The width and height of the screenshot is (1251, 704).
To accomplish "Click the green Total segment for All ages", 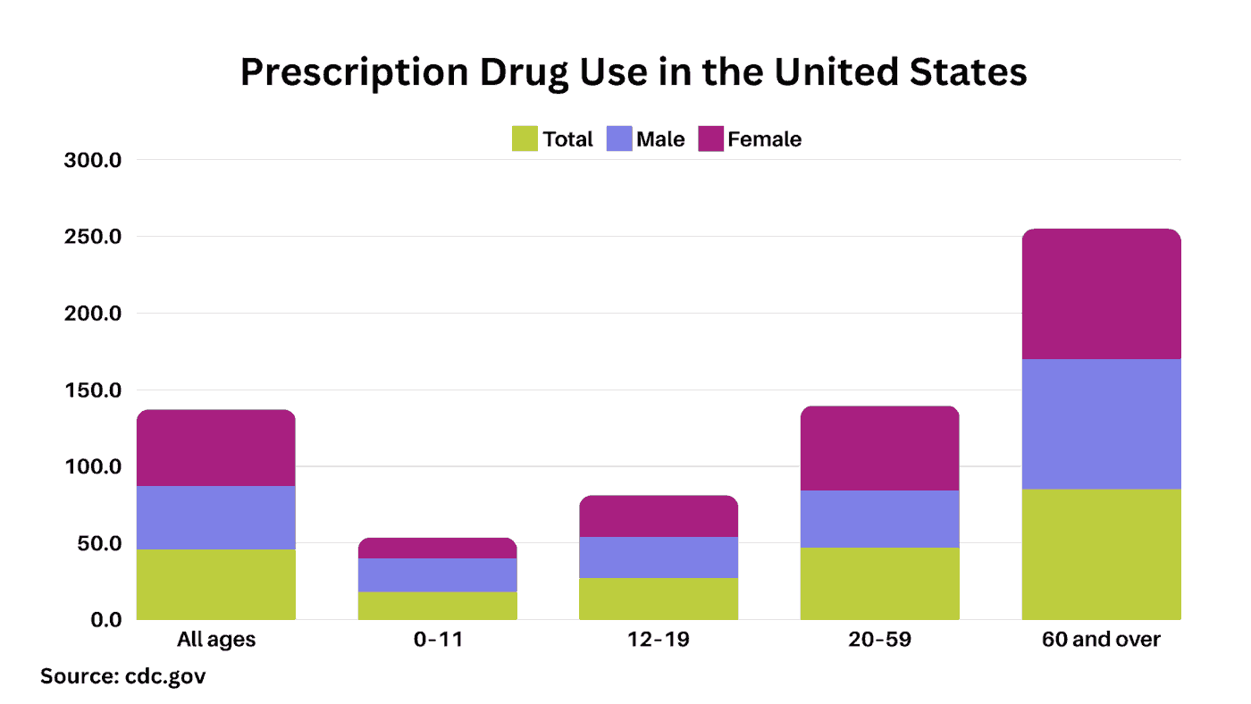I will tap(215, 584).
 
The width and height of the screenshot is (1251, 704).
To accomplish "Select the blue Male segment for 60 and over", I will tap(1101, 423).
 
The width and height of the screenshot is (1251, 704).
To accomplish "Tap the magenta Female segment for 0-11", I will tap(437, 548).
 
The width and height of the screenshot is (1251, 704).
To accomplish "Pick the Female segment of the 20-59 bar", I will tap(879, 448).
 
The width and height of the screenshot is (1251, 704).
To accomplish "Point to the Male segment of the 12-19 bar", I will tap(659, 557).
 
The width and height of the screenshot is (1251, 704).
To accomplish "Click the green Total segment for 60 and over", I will tap(1101, 554).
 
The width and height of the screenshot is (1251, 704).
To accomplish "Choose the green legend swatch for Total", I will tap(525, 139).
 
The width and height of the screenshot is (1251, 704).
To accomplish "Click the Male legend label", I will tap(660, 139).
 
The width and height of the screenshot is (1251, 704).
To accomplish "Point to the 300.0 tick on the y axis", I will tap(93, 161).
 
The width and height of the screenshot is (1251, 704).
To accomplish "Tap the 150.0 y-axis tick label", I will tap(93, 390).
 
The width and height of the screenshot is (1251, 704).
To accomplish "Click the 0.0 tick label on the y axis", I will tap(104, 620).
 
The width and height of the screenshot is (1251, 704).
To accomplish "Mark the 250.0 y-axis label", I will tap(93, 238).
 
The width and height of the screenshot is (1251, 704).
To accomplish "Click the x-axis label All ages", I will tap(215, 641).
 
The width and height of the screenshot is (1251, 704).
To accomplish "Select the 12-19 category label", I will tap(659, 641).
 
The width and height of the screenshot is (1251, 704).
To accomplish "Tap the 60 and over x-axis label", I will tap(1101, 641).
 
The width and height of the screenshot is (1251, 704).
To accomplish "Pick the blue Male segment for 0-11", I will tap(437, 575).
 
